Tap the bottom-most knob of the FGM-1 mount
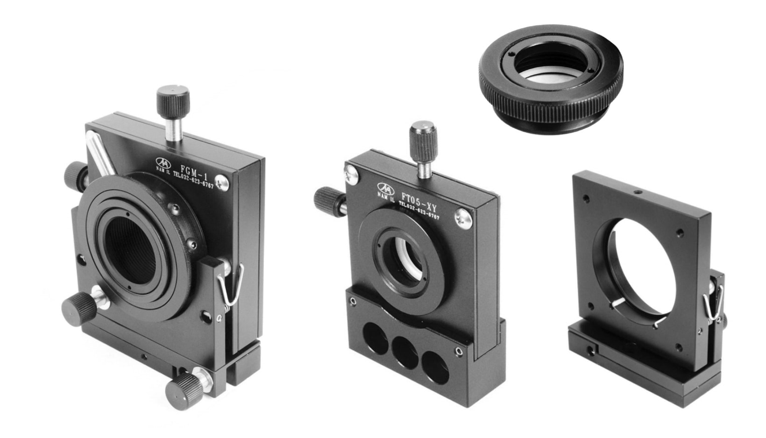(184, 390)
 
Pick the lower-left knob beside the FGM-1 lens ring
(79, 308)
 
